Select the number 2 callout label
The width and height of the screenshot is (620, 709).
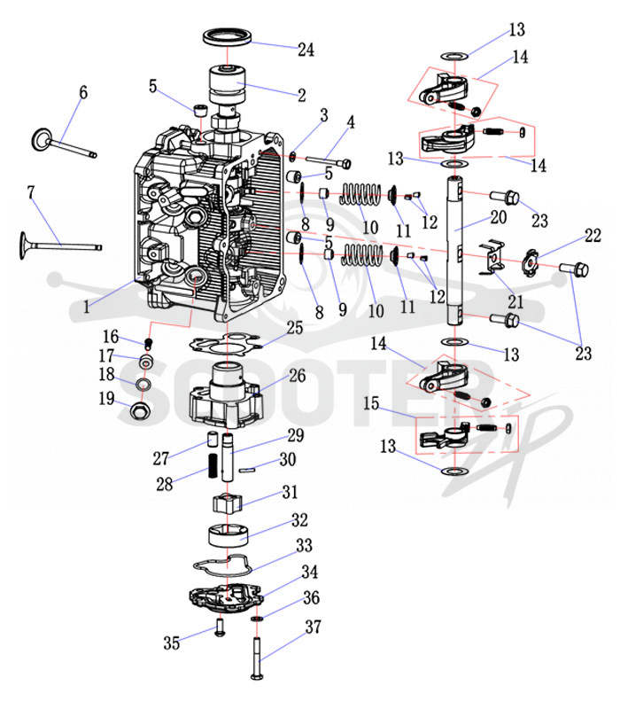(301, 95)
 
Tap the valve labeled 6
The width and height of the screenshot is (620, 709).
(63, 144)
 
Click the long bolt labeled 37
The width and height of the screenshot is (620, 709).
(257, 657)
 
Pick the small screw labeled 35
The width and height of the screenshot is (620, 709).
(221, 628)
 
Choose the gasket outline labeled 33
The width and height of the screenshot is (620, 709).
(224, 565)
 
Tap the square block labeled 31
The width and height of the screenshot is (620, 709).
(228, 503)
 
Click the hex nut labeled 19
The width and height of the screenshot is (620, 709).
(140, 409)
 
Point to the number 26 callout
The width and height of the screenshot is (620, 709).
(297, 375)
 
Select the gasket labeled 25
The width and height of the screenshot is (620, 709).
(226, 344)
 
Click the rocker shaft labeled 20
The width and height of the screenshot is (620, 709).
(455, 250)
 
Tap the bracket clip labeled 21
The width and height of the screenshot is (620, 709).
(492, 258)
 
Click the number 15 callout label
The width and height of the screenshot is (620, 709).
(371, 403)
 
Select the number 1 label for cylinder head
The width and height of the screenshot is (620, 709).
(86, 308)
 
